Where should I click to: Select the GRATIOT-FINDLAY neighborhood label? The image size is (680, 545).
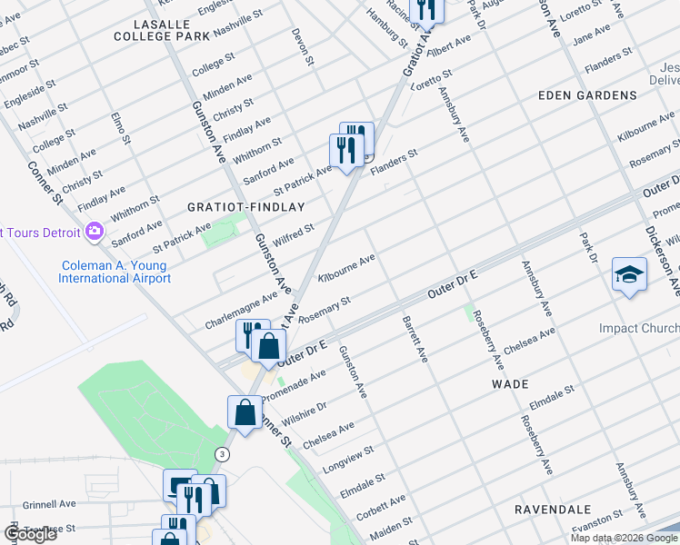click(x=245, y=207)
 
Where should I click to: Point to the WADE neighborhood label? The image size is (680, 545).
click(x=510, y=384)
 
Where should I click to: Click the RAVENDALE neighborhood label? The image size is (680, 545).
click(x=553, y=510)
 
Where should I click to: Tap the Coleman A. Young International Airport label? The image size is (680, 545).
click(x=115, y=272)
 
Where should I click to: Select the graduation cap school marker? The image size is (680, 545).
click(x=629, y=274)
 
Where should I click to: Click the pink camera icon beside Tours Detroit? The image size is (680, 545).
click(x=94, y=233)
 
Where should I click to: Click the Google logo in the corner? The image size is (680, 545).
click(x=30, y=534)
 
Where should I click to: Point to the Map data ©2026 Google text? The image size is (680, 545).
click(x=624, y=538)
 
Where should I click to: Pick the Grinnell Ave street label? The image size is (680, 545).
click(x=49, y=503)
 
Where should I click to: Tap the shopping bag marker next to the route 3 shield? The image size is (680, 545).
click(x=246, y=413)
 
